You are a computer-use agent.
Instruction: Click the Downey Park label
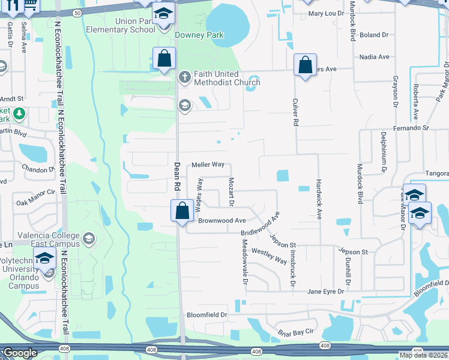pos(199,35)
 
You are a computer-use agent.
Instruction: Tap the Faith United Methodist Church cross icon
pos(185,76)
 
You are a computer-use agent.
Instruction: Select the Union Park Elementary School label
pos(127,25)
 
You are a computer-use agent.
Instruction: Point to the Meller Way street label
pos(208,164)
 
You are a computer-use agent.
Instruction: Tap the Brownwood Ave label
pos(222,221)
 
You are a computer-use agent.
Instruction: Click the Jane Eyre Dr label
pos(325,292)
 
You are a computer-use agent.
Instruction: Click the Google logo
pos(20,353)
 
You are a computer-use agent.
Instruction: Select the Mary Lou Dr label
pos(325,13)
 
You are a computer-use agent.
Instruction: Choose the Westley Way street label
pos(269,256)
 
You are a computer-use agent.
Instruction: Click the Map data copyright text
pos(424,355)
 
